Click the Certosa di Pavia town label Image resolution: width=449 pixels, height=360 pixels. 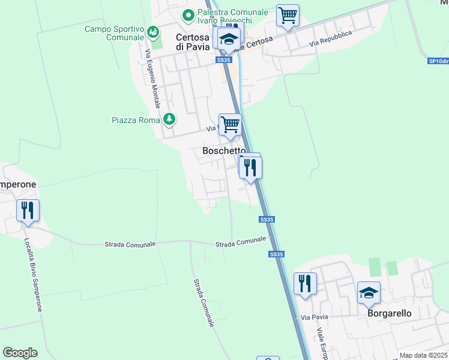[x=192, y=41]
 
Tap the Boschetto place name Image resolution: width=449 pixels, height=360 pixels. [x=224, y=151]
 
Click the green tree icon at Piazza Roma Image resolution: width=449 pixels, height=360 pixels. [x=170, y=119]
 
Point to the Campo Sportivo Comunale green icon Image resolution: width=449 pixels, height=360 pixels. [x=153, y=31]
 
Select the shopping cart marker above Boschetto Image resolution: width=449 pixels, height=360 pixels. [x=230, y=125]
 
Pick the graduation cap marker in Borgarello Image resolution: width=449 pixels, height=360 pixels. [x=369, y=292]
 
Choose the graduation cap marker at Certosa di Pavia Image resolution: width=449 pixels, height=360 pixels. [x=228, y=40]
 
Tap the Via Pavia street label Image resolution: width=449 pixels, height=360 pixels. [x=313, y=317]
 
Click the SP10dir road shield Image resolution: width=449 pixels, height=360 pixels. [x=438, y=61]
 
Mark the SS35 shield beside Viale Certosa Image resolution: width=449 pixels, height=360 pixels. [x=223, y=60]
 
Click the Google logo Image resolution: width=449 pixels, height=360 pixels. [x=20, y=353]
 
